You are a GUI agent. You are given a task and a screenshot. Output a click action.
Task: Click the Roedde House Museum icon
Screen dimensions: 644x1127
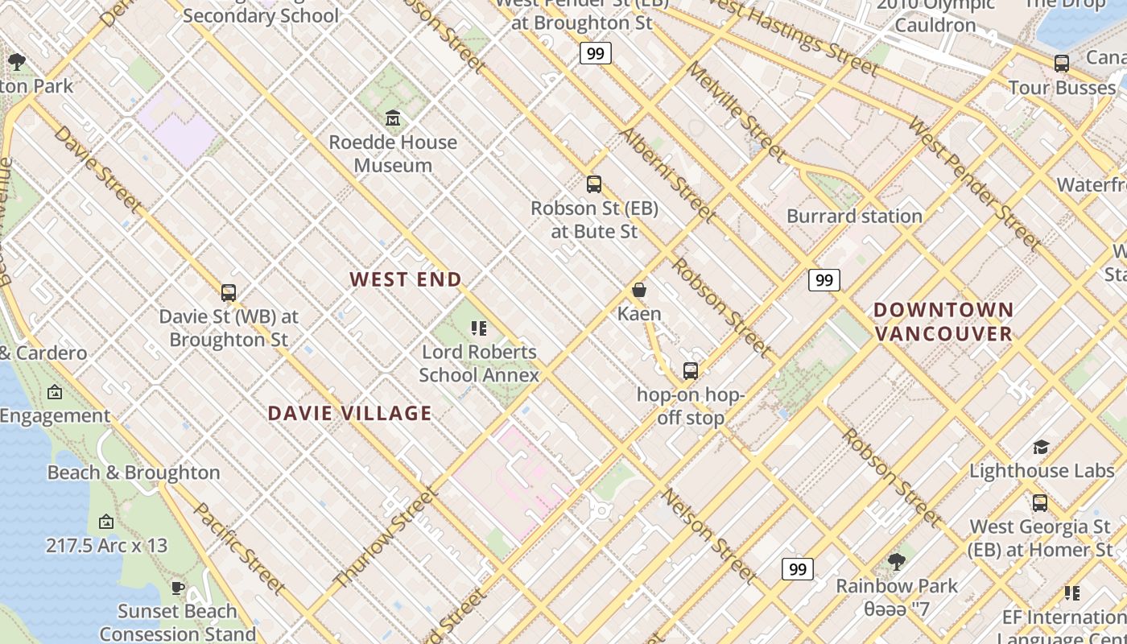tap(393, 119)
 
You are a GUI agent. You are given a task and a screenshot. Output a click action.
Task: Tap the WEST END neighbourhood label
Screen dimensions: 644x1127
tap(406, 279)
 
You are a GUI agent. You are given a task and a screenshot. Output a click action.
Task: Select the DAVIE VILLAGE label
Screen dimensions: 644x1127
tap(349, 413)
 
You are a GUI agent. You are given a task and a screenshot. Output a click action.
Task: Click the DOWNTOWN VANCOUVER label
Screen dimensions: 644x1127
tap(943, 321)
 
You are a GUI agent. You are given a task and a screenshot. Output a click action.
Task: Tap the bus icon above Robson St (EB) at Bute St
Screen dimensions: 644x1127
tap(594, 184)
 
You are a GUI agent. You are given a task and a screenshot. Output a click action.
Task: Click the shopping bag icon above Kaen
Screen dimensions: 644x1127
tap(639, 290)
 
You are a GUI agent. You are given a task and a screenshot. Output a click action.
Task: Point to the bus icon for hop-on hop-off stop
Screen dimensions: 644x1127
tap(691, 371)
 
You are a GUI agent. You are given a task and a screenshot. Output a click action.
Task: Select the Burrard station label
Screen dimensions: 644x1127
tap(854, 216)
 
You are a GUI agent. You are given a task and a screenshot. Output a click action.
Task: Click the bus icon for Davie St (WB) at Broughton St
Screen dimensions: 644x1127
tap(229, 293)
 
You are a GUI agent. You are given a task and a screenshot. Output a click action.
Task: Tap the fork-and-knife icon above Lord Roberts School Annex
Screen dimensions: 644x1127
tap(479, 328)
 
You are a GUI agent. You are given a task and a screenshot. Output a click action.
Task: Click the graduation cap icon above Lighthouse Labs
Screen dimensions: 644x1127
tap(1041, 448)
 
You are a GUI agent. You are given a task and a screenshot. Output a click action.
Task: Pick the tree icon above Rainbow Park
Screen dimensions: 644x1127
tap(896, 562)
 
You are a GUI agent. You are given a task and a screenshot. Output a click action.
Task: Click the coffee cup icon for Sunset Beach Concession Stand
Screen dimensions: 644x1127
tap(178, 588)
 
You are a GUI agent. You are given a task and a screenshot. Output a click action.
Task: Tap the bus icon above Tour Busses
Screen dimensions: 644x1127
tap(1062, 64)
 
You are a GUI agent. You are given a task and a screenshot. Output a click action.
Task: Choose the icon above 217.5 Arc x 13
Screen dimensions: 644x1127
tap(106, 522)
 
